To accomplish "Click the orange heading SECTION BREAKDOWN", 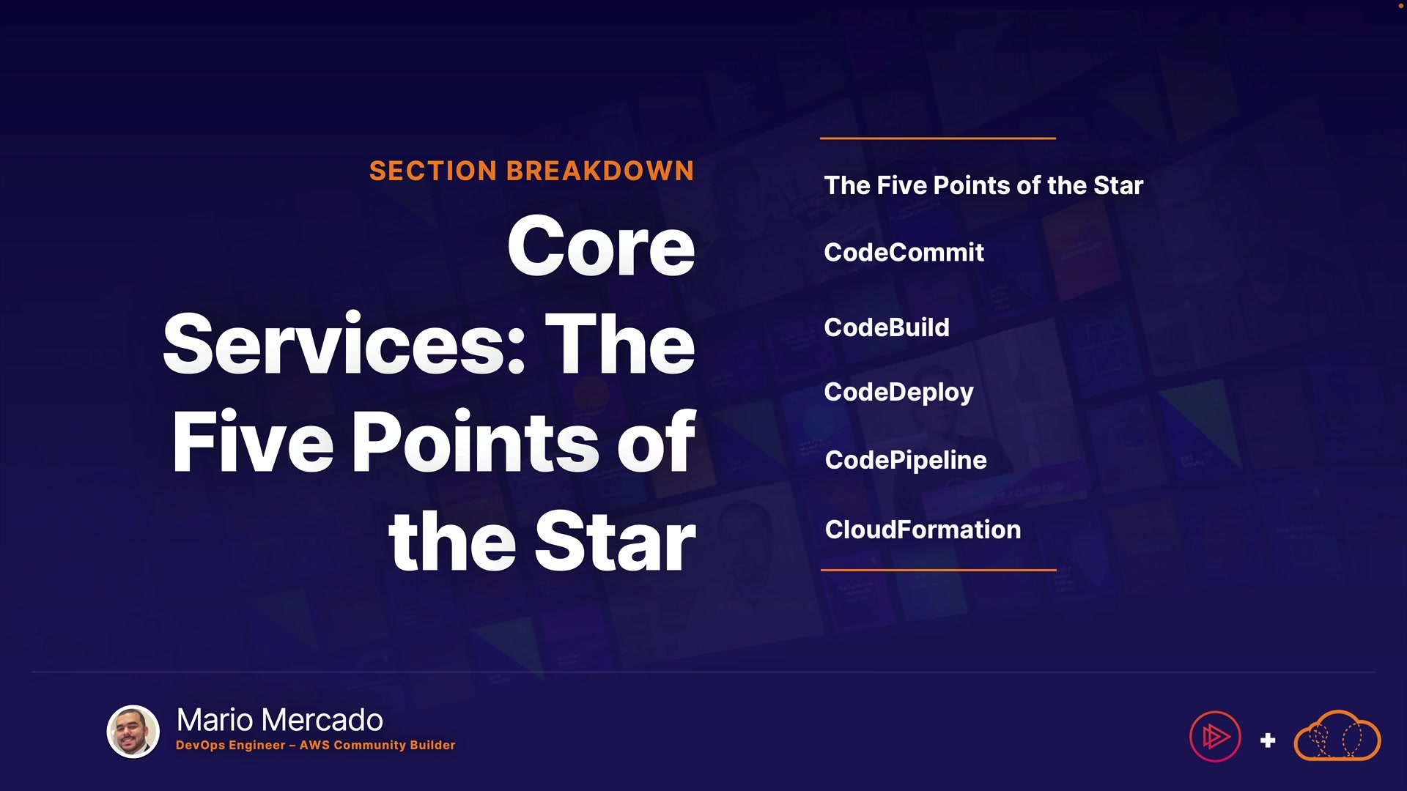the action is pos(531,171).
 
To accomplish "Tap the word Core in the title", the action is pos(601,247).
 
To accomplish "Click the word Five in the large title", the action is pos(253,441).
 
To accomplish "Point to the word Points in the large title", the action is pos(476,441).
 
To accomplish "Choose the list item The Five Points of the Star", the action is pos(983,185).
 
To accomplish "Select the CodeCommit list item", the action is pos(904,253).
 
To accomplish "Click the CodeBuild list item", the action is pos(887,327).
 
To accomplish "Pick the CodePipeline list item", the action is pos(906,461).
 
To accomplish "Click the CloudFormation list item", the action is pos(923,530).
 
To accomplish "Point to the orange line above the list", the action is pos(938,138).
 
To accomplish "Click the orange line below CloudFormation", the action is pos(939,570).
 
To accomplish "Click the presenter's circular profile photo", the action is pos(133,732).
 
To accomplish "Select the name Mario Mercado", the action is pos(280,720).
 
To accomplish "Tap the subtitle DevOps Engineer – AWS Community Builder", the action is pos(316,745).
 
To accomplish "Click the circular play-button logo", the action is pos(1215,737).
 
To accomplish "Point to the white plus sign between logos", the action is pos(1268,740).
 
